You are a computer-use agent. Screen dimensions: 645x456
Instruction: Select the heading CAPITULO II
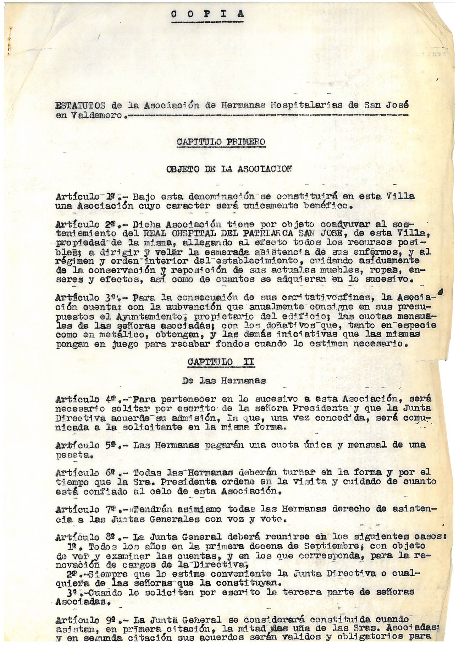tap(221, 362)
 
